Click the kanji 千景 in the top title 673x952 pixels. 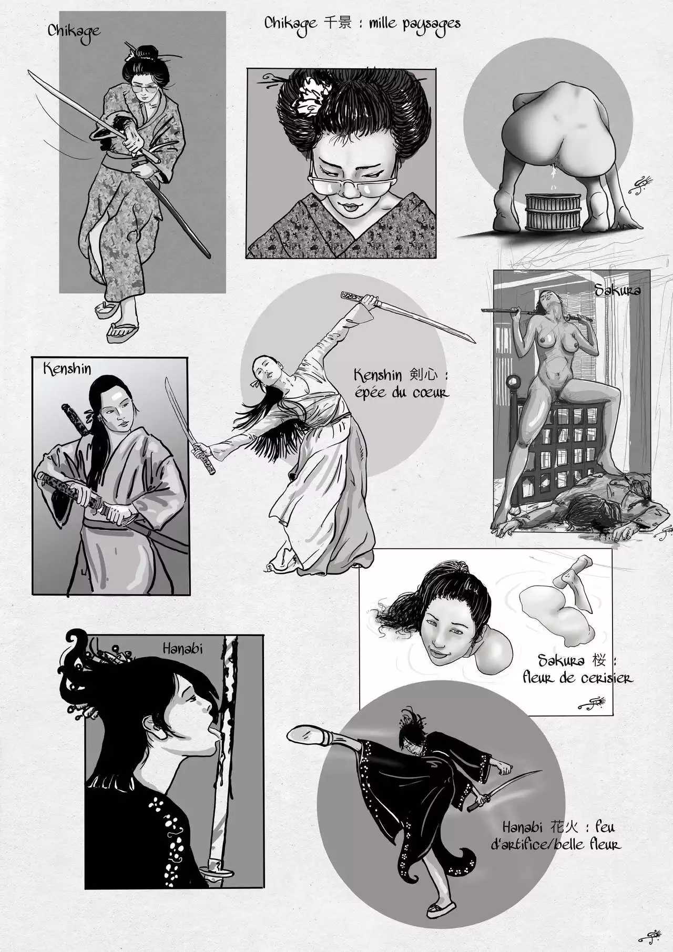click(x=336, y=23)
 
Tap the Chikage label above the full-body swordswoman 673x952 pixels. click(x=74, y=30)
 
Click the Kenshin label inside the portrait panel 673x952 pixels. click(x=67, y=368)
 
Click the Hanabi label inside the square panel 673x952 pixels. click(x=182, y=649)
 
